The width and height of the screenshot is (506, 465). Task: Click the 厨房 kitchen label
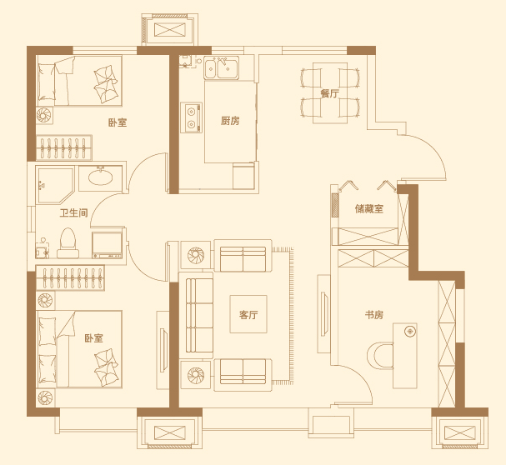(230, 121)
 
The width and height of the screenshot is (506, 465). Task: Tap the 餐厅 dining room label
(329, 93)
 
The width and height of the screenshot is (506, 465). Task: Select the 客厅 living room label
(248, 315)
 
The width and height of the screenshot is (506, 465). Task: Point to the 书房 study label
(374, 315)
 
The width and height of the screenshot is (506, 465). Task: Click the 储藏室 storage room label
(369, 209)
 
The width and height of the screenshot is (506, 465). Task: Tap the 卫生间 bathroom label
(74, 213)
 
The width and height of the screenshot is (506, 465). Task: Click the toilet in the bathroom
(68, 243)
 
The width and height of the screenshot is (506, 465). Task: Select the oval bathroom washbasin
(101, 177)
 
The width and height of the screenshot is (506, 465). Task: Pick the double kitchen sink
(222, 67)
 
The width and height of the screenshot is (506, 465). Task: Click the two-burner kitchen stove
(192, 117)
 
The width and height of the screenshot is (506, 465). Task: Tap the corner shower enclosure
(55, 185)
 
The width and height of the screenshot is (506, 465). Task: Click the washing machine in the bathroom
(108, 245)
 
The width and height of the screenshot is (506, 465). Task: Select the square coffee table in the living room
(248, 314)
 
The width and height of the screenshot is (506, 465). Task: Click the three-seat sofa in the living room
(199, 315)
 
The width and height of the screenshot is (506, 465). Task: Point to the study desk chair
(380, 356)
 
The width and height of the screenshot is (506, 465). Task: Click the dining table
(330, 93)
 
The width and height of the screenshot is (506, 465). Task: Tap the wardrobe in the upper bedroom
(64, 147)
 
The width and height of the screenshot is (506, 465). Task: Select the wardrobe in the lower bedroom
(70, 277)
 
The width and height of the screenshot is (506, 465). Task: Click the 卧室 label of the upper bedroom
(118, 122)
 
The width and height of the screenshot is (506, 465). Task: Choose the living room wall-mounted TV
(324, 313)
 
